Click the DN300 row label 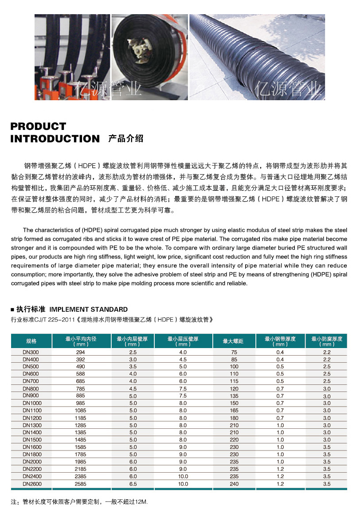(x=31, y=352)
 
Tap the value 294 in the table (x=80, y=352)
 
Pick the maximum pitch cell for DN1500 (x=234, y=439)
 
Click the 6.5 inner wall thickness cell (x=133, y=484)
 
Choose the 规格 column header (x=31, y=341)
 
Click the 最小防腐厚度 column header (x=327, y=341)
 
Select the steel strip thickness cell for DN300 (x=280, y=352)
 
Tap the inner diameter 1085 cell (x=80, y=410)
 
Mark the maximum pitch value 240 (x=234, y=484)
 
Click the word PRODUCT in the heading (x=38, y=126)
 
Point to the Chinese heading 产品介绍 (x=125, y=139)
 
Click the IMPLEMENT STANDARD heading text (x=88, y=309)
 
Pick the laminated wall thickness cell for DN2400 (x=183, y=476)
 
